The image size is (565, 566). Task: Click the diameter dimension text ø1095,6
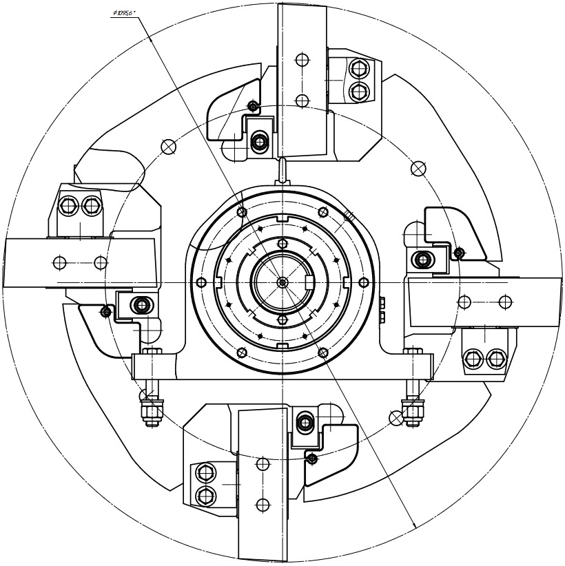[x=123, y=13]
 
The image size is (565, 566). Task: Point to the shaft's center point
[x=282, y=282]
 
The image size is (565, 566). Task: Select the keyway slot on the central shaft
[x=309, y=282]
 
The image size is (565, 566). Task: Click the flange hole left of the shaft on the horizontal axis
[x=201, y=282]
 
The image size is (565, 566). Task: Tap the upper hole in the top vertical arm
[x=301, y=60]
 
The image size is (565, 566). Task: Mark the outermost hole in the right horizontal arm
[x=505, y=302]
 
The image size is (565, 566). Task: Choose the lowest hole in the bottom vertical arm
[x=262, y=505]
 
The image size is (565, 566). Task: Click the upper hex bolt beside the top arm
[x=358, y=69]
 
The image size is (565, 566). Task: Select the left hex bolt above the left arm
[x=68, y=205]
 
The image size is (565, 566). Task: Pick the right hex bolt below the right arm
[x=496, y=358]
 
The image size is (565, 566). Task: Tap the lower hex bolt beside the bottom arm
[x=205, y=495]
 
